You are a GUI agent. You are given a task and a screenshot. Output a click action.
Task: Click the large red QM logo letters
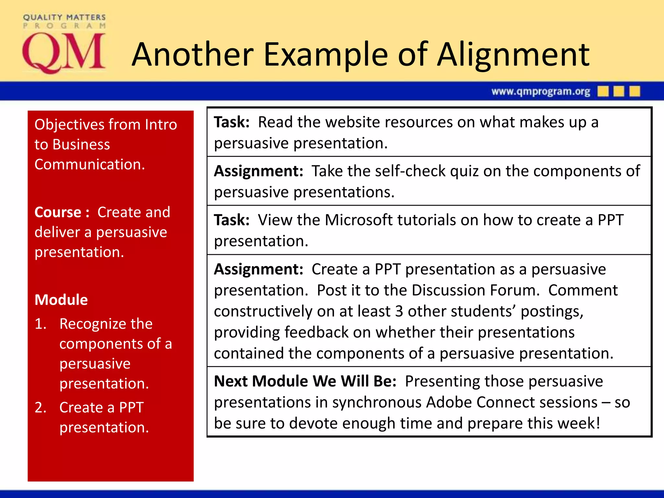tap(64, 53)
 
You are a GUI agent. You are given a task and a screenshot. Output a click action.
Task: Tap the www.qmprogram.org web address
tap(540, 92)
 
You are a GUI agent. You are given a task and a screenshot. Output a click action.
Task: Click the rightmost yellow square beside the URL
tap(634, 91)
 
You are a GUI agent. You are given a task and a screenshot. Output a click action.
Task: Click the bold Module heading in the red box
tap(61, 300)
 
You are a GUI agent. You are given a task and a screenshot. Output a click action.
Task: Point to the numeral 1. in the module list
tap(41, 324)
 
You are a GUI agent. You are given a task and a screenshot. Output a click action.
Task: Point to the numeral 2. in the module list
tap(41, 408)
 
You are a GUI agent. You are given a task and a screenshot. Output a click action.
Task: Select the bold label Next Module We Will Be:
tap(305, 381)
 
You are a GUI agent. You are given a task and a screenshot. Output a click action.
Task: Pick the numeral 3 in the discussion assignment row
tap(399, 312)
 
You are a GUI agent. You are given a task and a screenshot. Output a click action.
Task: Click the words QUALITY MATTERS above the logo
tap(64, 17)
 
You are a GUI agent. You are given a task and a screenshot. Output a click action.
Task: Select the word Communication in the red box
tap(89, 165)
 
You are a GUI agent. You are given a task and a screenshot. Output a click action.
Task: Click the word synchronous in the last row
tap(376, 402)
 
